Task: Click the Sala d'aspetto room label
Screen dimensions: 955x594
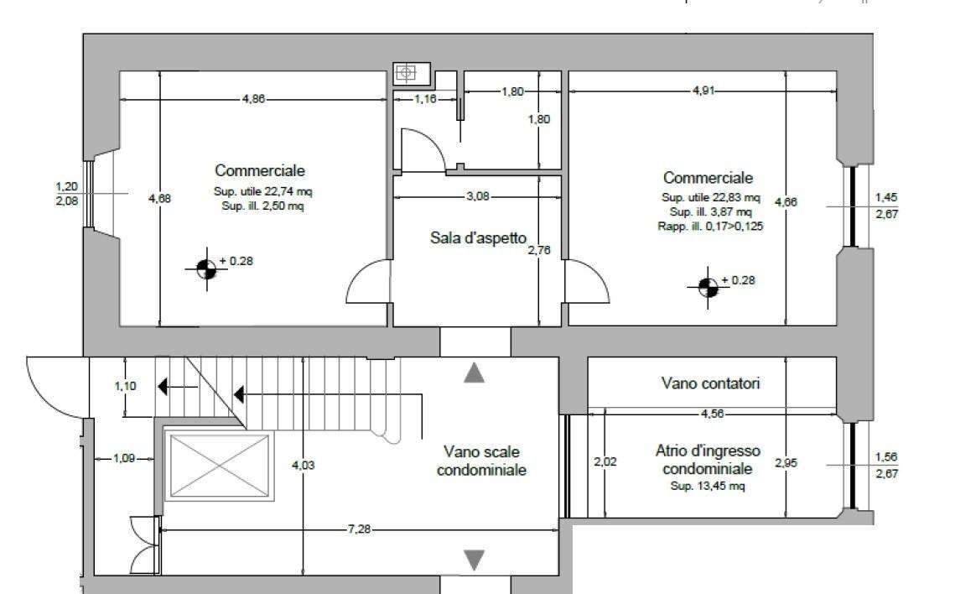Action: pos(478,237)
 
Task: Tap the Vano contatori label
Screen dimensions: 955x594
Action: pos(710,383)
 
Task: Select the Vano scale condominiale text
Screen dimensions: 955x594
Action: pos(481,461)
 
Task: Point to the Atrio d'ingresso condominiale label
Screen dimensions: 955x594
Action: pos(708,460)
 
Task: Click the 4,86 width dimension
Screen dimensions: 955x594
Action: pos(253,99)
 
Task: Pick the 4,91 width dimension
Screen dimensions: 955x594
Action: pos(703,91)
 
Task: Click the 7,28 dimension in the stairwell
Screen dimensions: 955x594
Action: pos(359,529)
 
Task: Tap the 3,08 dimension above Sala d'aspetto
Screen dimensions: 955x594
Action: pos(478,196)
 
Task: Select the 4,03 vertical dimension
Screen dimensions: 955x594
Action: pos(304,466)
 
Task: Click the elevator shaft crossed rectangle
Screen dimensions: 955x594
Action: pos(220,466)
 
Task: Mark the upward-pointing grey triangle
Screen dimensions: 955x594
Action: pos(474,373)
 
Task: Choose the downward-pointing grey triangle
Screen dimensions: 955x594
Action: pos(474,560)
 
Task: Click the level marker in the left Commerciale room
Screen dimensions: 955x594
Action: pos(206,268)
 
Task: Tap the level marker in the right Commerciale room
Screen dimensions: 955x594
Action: pos(708,288)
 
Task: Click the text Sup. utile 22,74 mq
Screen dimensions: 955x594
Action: pos(262,191)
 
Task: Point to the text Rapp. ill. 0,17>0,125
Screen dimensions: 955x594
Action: pos(710,226)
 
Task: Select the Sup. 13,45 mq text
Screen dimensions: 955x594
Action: pos(708,486)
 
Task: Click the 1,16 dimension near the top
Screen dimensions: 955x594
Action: pos(426,99)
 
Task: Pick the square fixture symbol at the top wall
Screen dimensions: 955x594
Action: pos(405,73)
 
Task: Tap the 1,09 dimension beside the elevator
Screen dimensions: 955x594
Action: pos(123,458)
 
